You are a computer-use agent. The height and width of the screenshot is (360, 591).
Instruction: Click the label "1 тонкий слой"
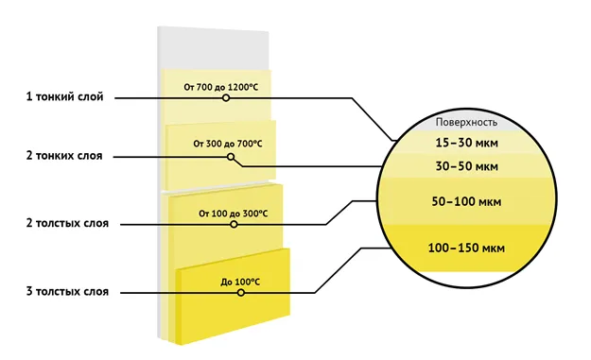64,96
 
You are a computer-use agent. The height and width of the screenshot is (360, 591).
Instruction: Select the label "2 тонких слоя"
64,156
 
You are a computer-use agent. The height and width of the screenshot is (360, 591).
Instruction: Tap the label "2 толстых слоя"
67,223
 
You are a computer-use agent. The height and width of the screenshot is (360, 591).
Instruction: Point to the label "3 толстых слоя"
67,291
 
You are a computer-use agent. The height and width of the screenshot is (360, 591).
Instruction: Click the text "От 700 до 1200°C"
221,87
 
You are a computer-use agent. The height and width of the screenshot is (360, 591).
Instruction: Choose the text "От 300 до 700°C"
228,144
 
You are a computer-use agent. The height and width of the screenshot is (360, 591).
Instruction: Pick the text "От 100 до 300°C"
234,214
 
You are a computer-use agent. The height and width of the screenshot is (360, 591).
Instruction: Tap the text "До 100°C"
240,283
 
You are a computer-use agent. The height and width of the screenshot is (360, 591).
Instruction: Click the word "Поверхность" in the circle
466,123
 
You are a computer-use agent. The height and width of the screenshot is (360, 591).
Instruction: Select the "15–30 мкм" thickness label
466,143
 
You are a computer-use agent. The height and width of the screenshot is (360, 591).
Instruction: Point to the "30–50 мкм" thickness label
466,166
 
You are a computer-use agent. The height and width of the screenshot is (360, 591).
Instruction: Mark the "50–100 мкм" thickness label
466,201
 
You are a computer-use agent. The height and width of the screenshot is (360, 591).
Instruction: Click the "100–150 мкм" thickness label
466,249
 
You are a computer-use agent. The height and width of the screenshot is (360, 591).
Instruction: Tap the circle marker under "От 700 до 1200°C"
226,98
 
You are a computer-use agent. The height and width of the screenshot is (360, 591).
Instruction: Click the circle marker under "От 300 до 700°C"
231,157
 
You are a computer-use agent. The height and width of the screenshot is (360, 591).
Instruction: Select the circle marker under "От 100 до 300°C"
234,225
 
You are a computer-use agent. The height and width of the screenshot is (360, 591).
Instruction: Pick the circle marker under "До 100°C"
241,293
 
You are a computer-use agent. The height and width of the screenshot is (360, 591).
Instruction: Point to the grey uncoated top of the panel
214,48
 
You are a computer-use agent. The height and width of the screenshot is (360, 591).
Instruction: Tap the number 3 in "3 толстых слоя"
29,291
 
